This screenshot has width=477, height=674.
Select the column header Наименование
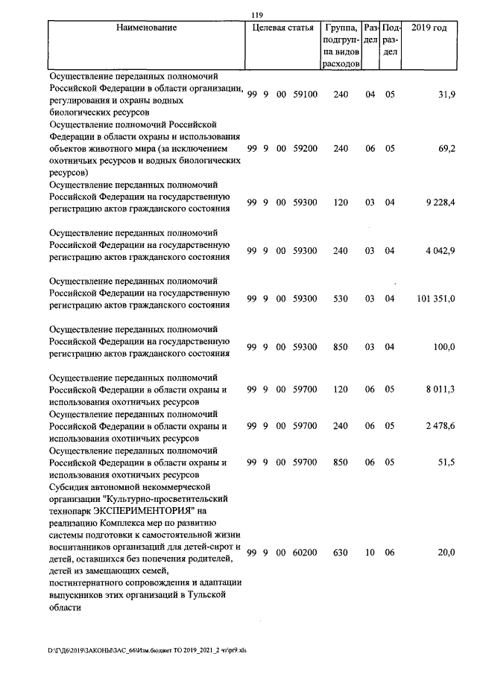pos(147,28)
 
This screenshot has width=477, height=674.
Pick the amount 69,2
pos(446,149)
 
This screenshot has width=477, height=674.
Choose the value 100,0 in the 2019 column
pos(444,347)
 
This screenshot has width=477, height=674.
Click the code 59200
pos(306,149)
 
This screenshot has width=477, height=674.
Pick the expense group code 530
pos(341,299)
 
